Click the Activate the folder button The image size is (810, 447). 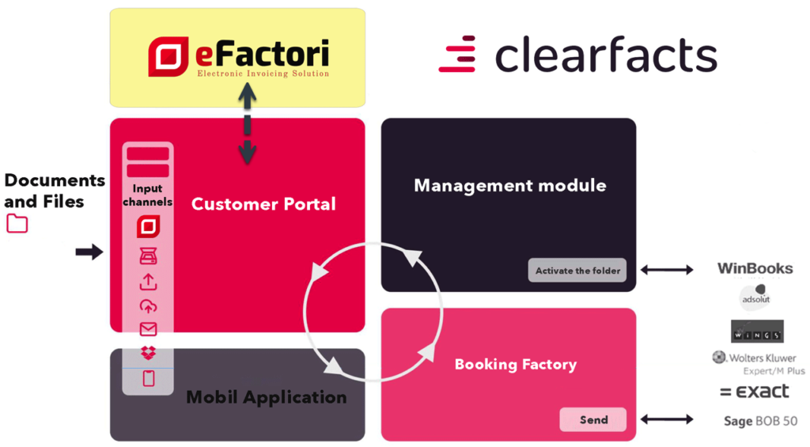click(577, 271)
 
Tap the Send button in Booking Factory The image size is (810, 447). click(592, 419)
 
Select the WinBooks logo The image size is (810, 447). click(754, 269)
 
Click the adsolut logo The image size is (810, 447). click(755, 299)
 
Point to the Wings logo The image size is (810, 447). click(757, 331)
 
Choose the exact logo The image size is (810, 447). click(755, 392)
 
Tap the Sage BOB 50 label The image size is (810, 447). click(760, 421)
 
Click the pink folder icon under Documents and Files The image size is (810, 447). click(17, 224)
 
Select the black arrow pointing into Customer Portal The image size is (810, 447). click(89, 252)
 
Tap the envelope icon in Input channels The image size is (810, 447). click(148, 329)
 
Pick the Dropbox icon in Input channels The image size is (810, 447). click(148, 353)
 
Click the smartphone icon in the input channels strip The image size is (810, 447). click(148, 378)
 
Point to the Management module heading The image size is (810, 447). click(509, 186)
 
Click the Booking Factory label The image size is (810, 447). click(515, 365)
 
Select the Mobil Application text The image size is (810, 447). click(266, 397)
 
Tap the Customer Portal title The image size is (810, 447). click(263, 204)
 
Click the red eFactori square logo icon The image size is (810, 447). click(166, 57)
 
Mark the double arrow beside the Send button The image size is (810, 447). click(666, 419)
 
